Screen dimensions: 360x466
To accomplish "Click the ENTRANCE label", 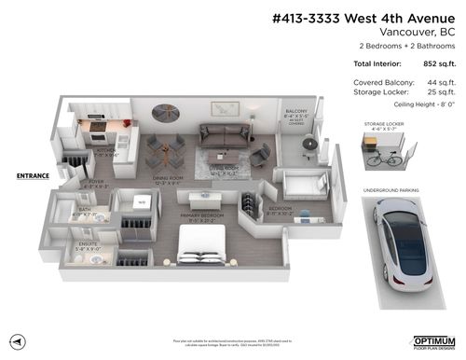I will coord(33,174).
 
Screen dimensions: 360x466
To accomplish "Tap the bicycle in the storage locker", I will coord(378,158).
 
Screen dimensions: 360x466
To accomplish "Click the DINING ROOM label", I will coord(167,176).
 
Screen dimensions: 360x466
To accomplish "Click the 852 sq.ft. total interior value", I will coord(437,63).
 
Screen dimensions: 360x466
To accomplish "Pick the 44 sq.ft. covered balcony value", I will coord(440,82).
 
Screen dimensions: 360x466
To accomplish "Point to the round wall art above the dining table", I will coord(169,112).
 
